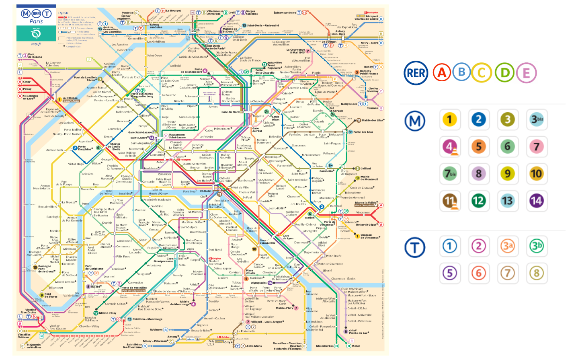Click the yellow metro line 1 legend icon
point(449,119)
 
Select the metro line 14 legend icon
point(536,201)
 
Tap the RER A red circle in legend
point(442,73)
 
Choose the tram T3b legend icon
point(536,246)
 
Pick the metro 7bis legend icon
point(450,174)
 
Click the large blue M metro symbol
point(415,120)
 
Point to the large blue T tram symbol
point(415,247)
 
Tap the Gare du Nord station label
point(230,112)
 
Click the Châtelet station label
point(206,191)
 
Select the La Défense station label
point(70,98)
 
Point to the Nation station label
point(310,218)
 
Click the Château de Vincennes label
point(369,236)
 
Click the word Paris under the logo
point(36,22)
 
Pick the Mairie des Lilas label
point(373,120)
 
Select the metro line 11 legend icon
point(450,201)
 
